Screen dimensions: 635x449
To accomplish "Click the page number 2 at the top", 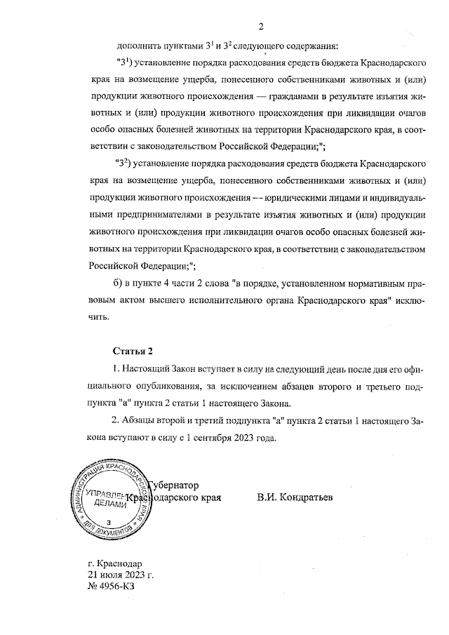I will point(260,27).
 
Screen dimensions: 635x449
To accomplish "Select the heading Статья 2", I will point(132,350).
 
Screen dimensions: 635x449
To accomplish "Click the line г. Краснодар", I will point(115,563).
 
